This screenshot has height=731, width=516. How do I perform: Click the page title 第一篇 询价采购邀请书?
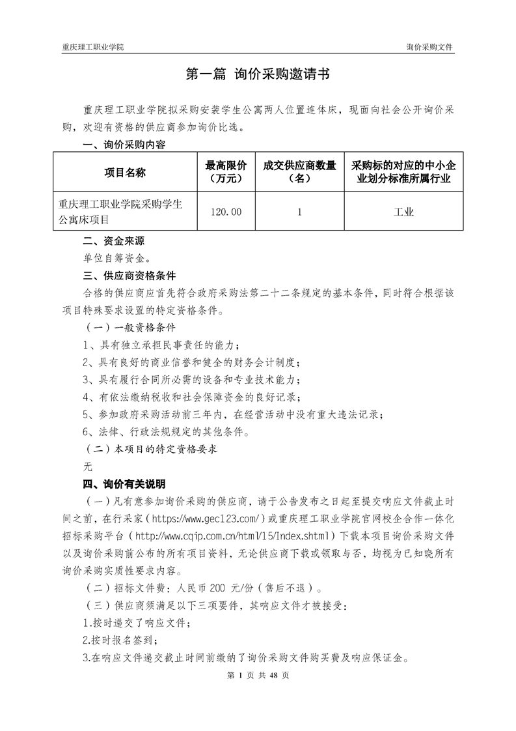tap(258, 75)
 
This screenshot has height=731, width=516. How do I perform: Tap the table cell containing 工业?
tap(403, 212)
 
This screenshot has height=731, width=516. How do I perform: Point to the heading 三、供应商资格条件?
tap(120, 276)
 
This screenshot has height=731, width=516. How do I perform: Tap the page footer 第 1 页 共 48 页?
tap(258, 675)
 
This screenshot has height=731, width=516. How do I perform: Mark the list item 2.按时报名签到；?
tap(121, 640)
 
